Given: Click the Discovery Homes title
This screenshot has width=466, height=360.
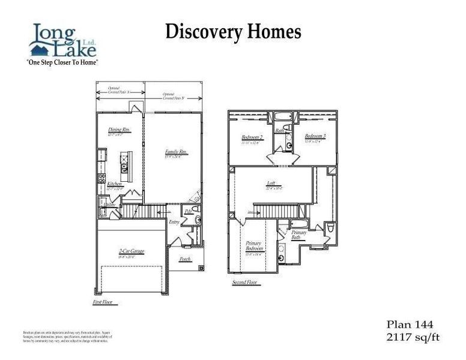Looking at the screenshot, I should pos(233,31).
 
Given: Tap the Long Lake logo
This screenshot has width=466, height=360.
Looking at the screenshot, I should pos(62,40).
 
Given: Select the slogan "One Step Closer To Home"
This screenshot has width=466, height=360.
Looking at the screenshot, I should pos(62,62).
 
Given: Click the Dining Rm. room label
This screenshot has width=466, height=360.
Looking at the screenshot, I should pos(119,130).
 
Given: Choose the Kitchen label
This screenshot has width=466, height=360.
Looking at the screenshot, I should pos(115,184).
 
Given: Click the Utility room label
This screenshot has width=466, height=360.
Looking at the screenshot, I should pos(109,205).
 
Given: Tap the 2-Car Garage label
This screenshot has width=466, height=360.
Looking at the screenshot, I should pos(131,251).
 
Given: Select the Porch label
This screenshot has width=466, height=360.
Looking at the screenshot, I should pos(186,259).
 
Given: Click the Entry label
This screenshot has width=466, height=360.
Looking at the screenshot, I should pos(174,222).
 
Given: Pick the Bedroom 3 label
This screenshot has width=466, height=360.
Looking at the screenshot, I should pos(315,136).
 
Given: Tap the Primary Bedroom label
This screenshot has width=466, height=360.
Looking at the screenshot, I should pos(254,245).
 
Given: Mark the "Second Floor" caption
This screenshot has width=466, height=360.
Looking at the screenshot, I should pos(246,281).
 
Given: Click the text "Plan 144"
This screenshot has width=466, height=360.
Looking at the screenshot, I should pos(408,325).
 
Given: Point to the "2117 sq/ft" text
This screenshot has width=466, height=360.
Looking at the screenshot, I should pos(413,337).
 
